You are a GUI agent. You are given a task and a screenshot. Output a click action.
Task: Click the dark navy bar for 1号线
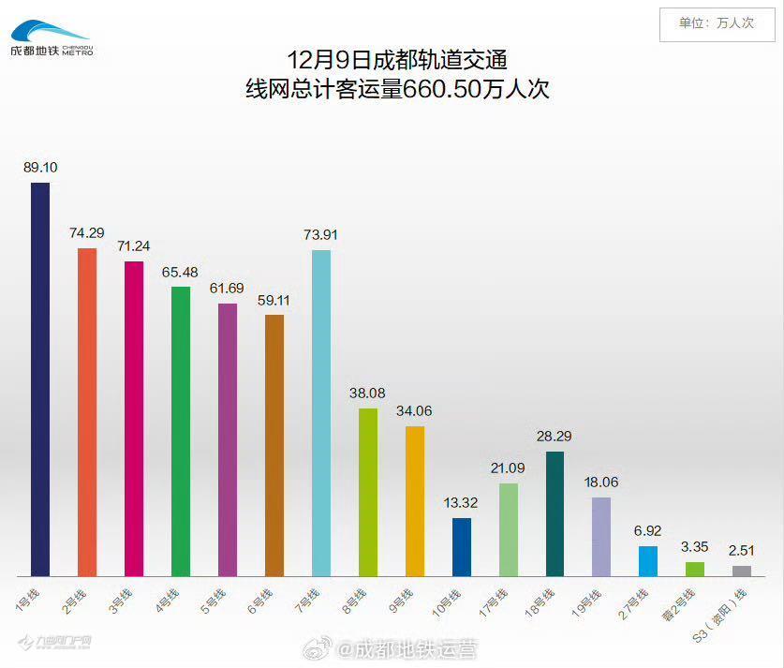coord(40,379)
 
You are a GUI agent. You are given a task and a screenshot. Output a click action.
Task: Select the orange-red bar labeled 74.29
coord(87,411)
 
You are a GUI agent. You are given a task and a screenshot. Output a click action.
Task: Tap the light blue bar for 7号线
coord(320,412)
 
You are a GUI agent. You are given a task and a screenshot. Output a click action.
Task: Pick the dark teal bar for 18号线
coord(555,513)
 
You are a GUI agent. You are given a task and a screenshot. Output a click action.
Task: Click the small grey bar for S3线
coord(742,571)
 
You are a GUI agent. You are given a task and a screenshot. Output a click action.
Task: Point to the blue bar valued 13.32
coord(462,546)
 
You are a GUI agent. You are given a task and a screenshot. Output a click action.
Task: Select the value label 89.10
coord(40,168)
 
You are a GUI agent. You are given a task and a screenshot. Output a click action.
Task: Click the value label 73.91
coord(320,234)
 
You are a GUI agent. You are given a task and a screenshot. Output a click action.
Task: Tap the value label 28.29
coord(555,436)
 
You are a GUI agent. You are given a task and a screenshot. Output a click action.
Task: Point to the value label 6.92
coord(648,530)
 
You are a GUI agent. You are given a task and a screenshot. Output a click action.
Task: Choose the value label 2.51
coord(742,550)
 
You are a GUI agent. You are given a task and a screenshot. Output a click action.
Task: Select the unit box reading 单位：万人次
coord(716,23)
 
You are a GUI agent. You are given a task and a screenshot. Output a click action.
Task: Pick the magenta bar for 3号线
coord(134,418)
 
